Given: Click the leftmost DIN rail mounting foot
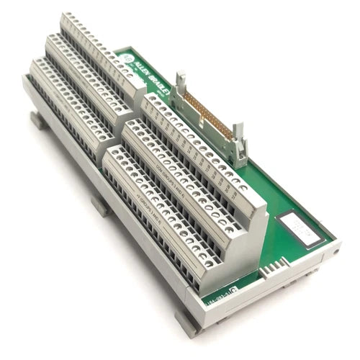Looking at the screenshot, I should pyautogui.click(x=38, y=120).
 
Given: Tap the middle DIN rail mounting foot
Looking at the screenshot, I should pyautogui.click(x=100, y=205).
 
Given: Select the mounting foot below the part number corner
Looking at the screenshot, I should pyautogui.click(x=188, y=323).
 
